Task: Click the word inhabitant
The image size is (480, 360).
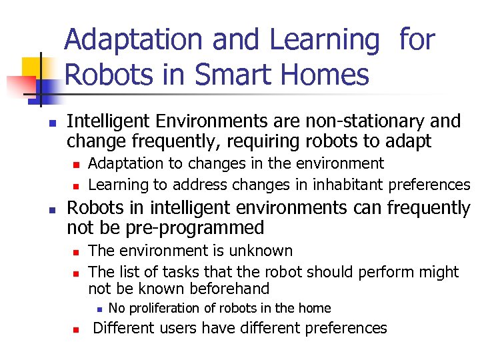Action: click(x=352, y=185)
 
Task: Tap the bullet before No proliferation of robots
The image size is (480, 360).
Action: click(x=98, y=309)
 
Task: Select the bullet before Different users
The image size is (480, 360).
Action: click(x=76, y=329)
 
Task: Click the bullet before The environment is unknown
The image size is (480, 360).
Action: click(x=76, y=252)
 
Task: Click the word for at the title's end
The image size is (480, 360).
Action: click(x=417, y=40)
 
